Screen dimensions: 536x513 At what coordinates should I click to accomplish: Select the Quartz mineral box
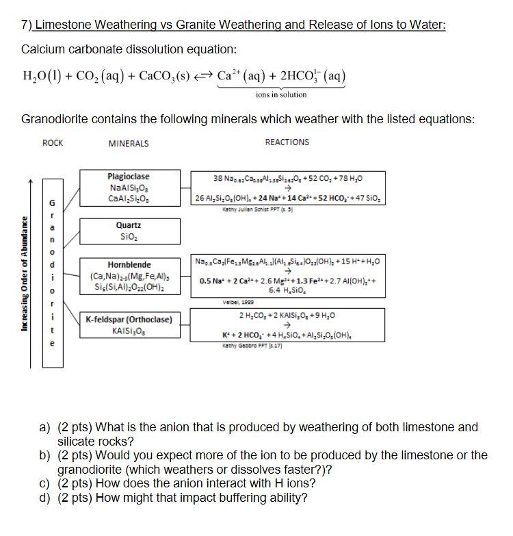click(129, 230)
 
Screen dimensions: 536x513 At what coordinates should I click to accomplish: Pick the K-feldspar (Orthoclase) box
click(129, 325)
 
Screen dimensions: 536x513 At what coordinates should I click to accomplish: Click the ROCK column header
click(53, 142)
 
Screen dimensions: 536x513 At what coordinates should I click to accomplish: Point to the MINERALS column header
click(128, 143)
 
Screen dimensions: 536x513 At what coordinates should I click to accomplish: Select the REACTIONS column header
click(287, 142)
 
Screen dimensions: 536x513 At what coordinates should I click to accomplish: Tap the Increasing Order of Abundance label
click(25, 274)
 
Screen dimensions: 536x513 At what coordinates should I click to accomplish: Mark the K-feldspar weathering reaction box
click(289, 325)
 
